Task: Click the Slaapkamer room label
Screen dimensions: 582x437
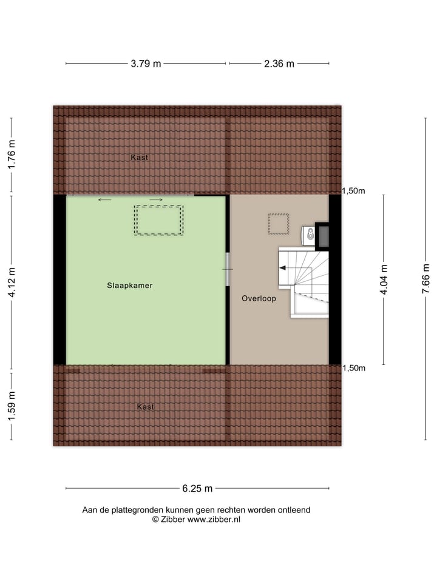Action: (129, 285)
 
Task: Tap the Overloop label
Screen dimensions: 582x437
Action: (259, 298)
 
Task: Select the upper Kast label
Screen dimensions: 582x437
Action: (140, 158)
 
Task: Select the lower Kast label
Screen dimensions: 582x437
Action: (145, 407)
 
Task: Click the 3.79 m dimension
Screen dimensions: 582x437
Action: (146, 64)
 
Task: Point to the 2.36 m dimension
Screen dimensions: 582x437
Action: (279, 64)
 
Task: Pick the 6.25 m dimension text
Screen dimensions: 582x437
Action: (197, 489)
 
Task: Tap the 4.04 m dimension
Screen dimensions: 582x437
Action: (383, 279)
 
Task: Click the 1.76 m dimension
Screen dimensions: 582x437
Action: (11, 156)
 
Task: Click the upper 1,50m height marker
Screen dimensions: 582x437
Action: (354, 191)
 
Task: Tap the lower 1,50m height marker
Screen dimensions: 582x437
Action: (354, 368)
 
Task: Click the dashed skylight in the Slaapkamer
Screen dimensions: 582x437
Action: (158, 220)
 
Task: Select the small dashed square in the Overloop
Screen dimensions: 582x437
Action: (279, 224)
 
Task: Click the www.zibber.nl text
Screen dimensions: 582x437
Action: (214, 520)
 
